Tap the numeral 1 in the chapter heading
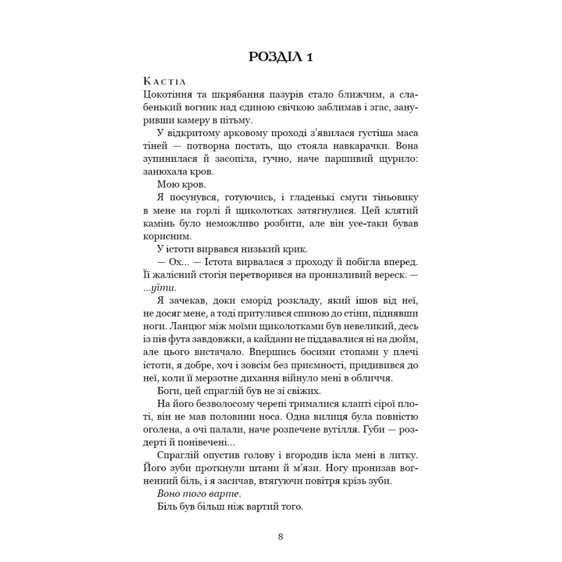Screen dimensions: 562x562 click(309, 57)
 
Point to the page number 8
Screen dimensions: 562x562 click(280, 536)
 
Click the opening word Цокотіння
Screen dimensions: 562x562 click(165, 95)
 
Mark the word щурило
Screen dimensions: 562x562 click(397, 159)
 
